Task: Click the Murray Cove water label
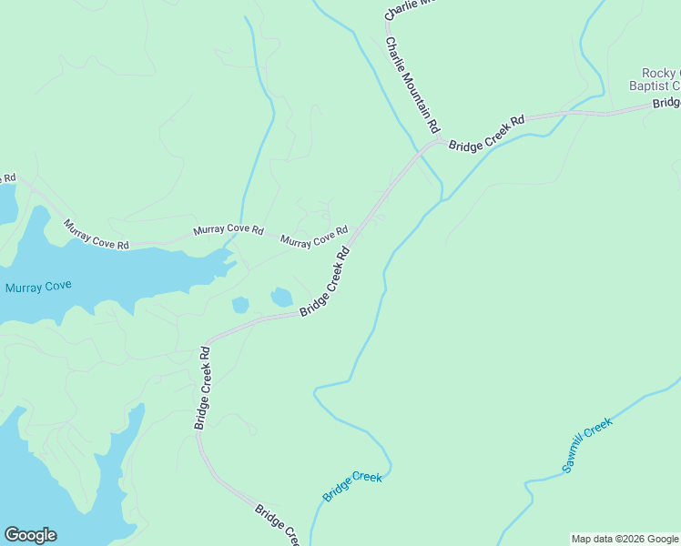tap(38, 287)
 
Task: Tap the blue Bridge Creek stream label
tap(352, 486)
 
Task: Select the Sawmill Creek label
tap(587, 446)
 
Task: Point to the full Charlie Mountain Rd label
tap(412, 83)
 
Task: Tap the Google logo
tap(30, 535)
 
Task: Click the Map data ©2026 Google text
tap(625, 539)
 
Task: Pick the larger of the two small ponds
tap(281, 297)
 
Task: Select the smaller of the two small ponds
tap(240, 305)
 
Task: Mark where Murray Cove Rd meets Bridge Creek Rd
tap(355, 235)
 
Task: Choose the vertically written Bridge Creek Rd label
tap(202, 388)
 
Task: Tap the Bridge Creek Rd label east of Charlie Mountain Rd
tap(487, 132)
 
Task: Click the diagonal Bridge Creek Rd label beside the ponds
tap(325, 284)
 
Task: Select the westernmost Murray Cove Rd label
tap(97, 234)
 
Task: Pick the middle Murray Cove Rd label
tap(228, 232)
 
